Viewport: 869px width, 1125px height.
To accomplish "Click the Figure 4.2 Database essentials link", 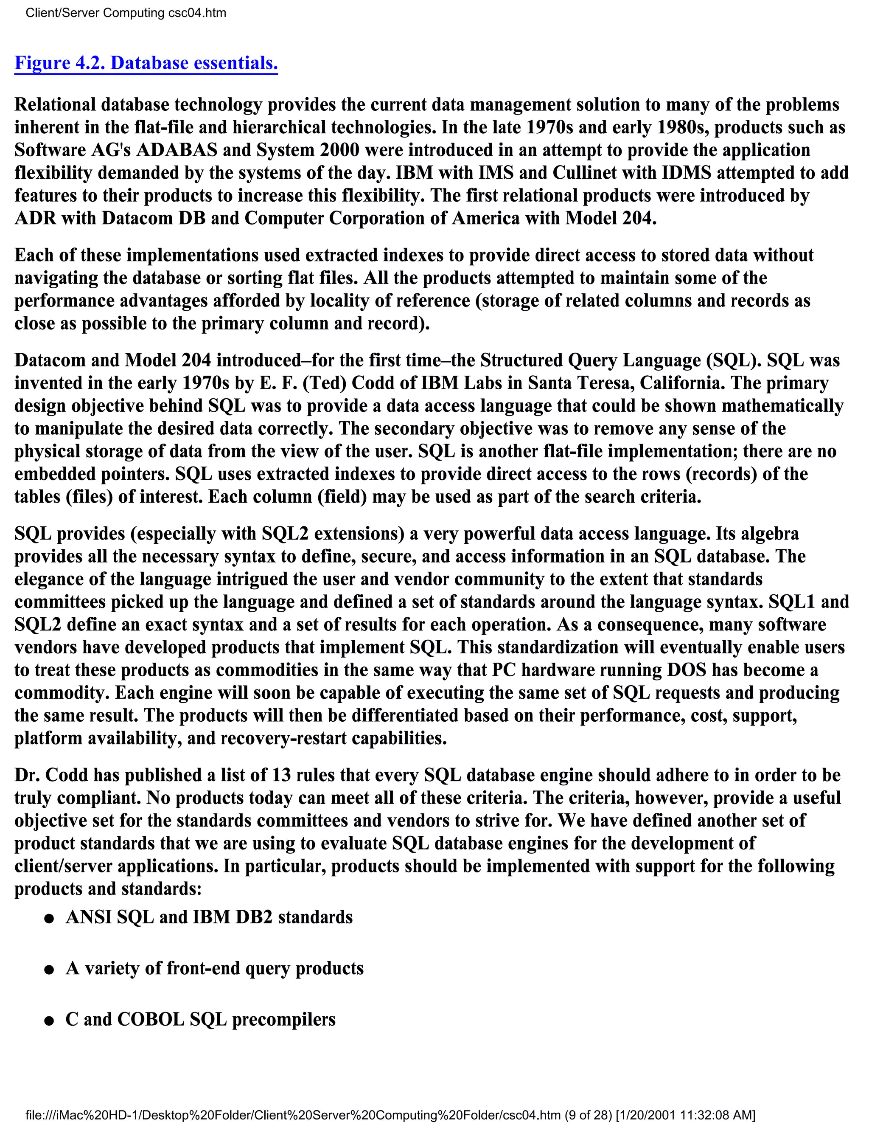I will coord(146,63).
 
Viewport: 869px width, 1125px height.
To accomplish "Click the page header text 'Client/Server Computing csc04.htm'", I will coord(126,13).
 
